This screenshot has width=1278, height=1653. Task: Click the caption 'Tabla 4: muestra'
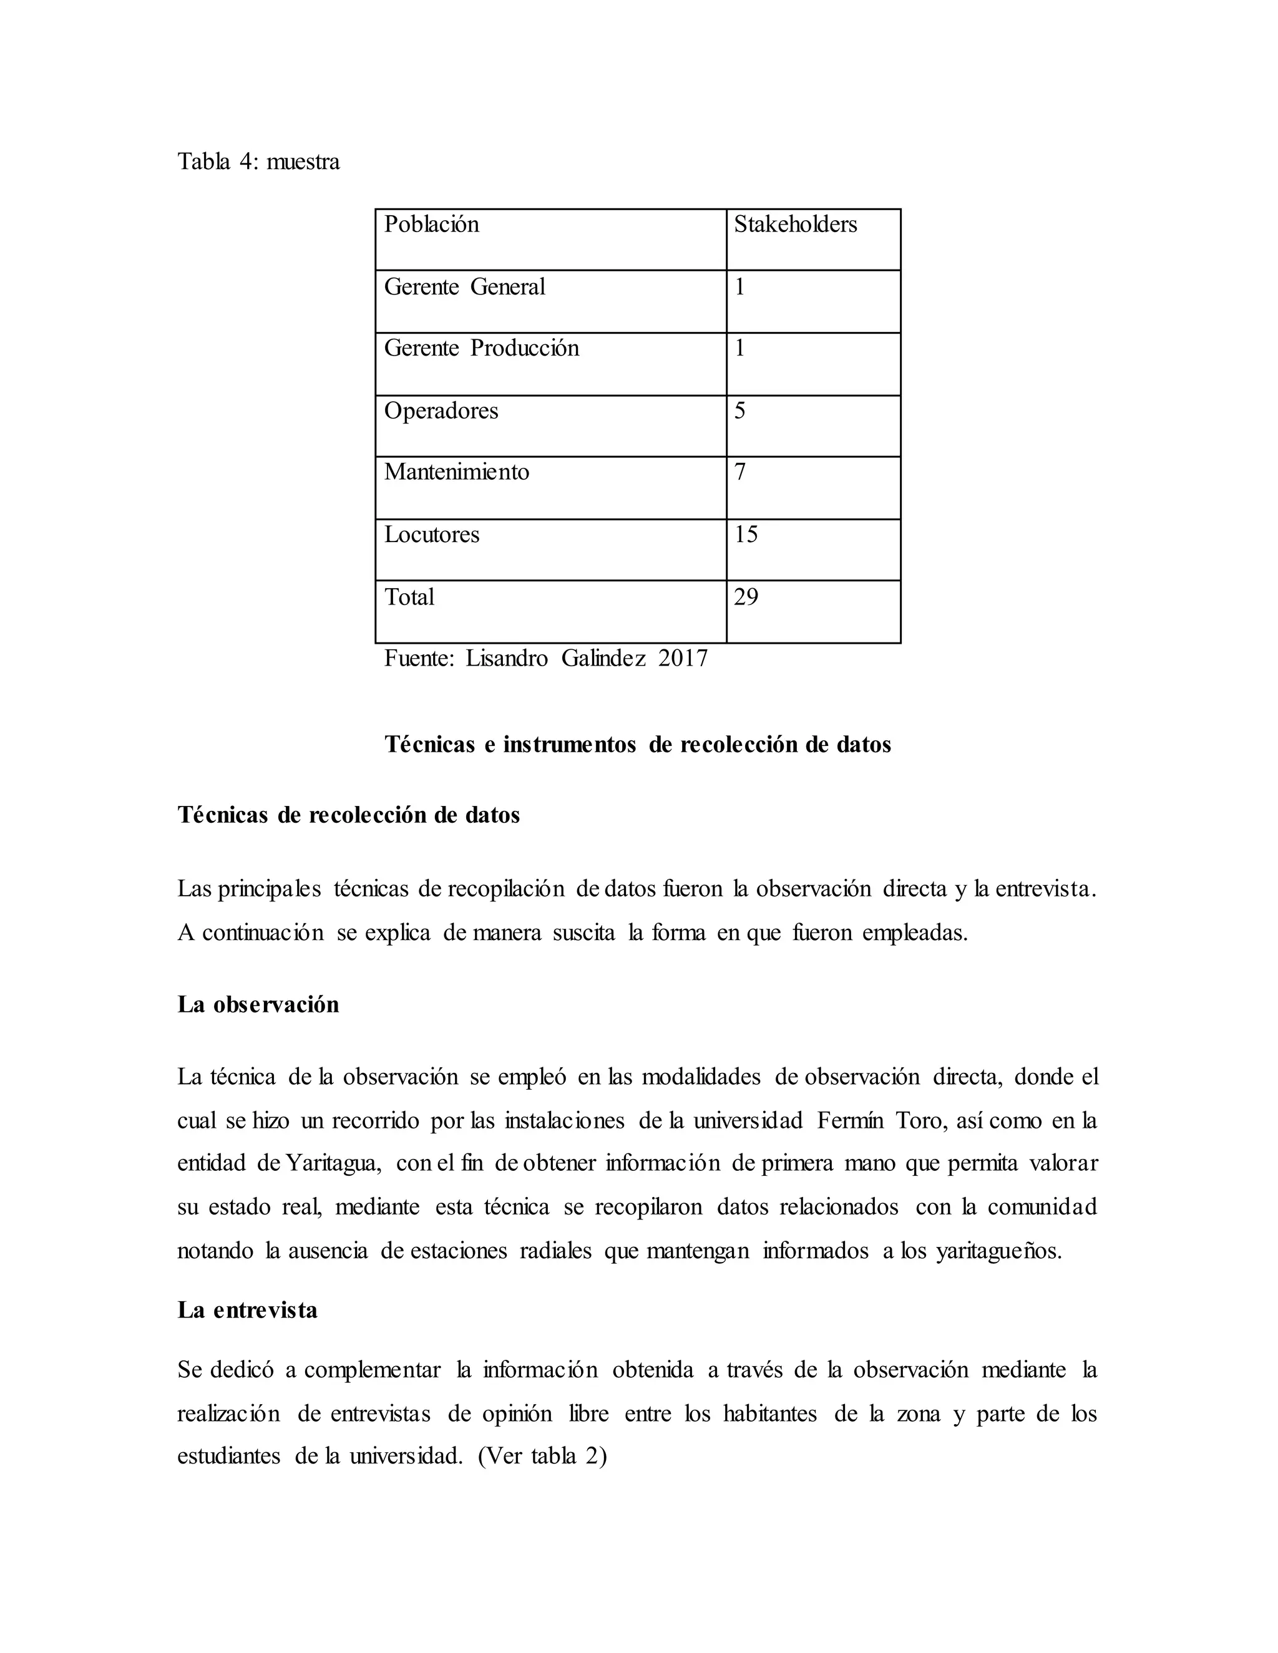[x=258, y=161]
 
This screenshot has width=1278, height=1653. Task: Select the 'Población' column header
[x=432, y=224]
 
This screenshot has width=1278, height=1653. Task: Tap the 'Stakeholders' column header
[x=795, y=224]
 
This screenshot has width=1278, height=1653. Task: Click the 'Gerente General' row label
[x=464, y=287]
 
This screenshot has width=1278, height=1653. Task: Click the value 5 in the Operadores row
[x=739, y=410]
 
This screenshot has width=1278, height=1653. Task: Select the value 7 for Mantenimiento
[x=739, y=472]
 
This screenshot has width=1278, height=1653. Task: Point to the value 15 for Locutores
[x=746, y=535]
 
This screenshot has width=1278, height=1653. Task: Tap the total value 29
[x=746, y=597]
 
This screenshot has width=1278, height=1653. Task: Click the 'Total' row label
[x=409, y=597]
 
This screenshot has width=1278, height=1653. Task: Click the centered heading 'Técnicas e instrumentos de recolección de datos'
[x=638, y=745]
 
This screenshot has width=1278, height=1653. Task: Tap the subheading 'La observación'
[x=258, y=1004]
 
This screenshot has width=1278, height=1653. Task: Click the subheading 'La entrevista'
[x=248, y=1310]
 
